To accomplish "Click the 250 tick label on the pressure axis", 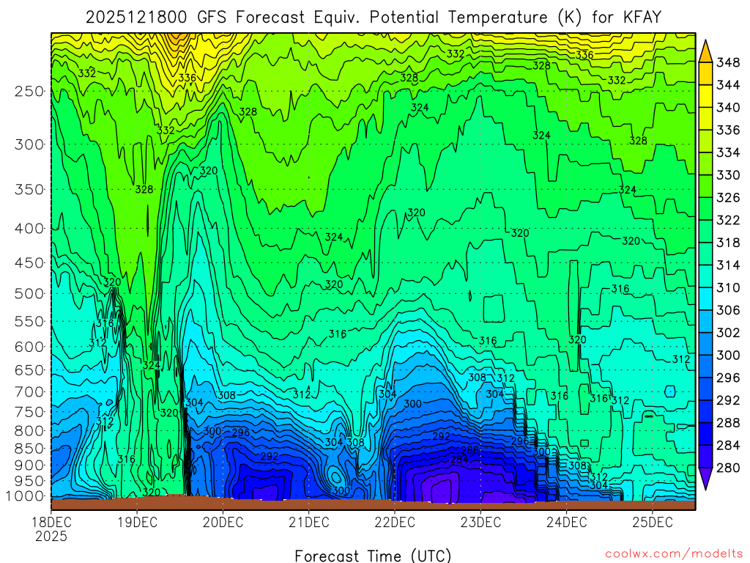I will point(29,91).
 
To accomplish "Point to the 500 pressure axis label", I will point(29,293).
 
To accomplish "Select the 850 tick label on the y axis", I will point(29,448).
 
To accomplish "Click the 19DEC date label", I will point(137,523).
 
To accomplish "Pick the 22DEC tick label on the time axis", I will point(394,523).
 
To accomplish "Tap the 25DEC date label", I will point(652,523).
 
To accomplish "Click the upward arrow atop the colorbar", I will point(706,51).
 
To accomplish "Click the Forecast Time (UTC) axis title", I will point(373,555).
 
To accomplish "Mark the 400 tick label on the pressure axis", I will point(29,228).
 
